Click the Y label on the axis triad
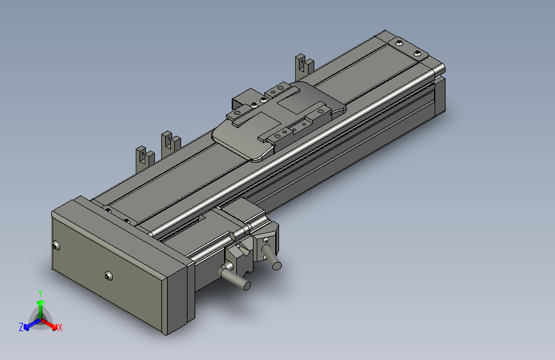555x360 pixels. (40, 292)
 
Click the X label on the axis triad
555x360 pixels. (60, 327)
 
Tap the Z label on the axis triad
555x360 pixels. (21, 327)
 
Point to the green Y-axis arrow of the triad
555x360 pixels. (40, 305)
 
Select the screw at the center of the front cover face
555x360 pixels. (107, 276)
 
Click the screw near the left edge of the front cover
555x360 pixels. (56, 245)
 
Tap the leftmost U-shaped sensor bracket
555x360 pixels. (142, 158)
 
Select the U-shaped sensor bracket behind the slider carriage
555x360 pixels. (303, 65)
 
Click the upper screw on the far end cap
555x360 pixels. (399, 43)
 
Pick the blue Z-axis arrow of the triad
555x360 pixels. (29, 323)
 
